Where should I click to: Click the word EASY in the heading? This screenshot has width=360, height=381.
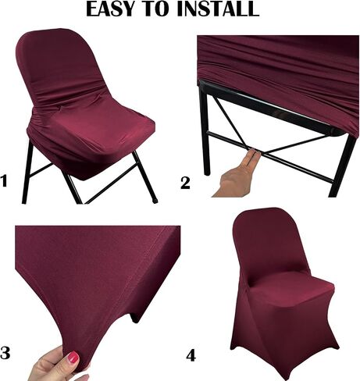point(112,9)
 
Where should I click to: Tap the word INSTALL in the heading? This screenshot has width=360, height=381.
point(217,9)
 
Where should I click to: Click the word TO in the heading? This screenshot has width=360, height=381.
point(158,9)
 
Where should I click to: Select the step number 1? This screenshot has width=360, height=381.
point(4,181)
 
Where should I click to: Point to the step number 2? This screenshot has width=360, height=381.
point(185,183)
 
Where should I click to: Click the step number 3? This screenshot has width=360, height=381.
point(5,353)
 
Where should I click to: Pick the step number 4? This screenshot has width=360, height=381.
point(191,355)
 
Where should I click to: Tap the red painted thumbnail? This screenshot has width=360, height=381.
point(73,357)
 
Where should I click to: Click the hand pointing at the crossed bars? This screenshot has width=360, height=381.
point(237,177)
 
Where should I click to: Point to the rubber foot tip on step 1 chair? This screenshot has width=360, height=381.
point(155,201)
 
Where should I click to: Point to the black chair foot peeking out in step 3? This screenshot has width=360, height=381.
point(135,319)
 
